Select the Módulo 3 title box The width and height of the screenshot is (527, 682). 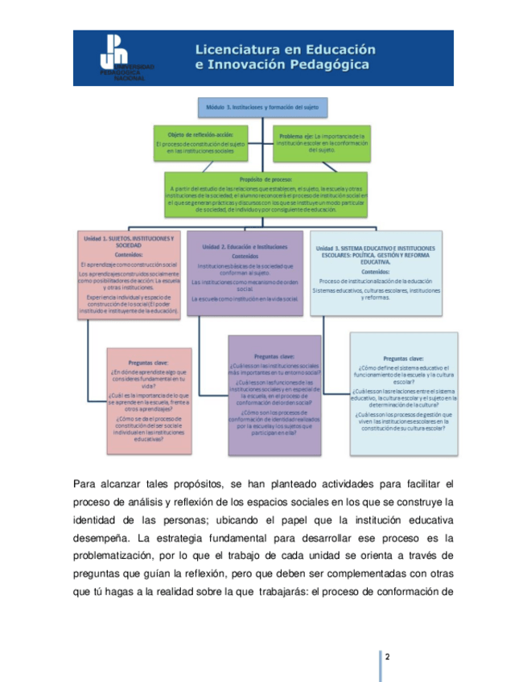point(262,106)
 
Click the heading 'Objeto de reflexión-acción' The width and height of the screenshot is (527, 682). point(199,134)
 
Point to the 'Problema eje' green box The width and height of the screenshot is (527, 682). point(322,142)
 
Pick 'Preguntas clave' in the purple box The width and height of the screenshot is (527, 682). point(274,355)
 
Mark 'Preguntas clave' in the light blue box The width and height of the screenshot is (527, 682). point(404,359)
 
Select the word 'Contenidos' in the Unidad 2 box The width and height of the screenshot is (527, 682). point(245,257)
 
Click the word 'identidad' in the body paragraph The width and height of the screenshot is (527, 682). point(97,520)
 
